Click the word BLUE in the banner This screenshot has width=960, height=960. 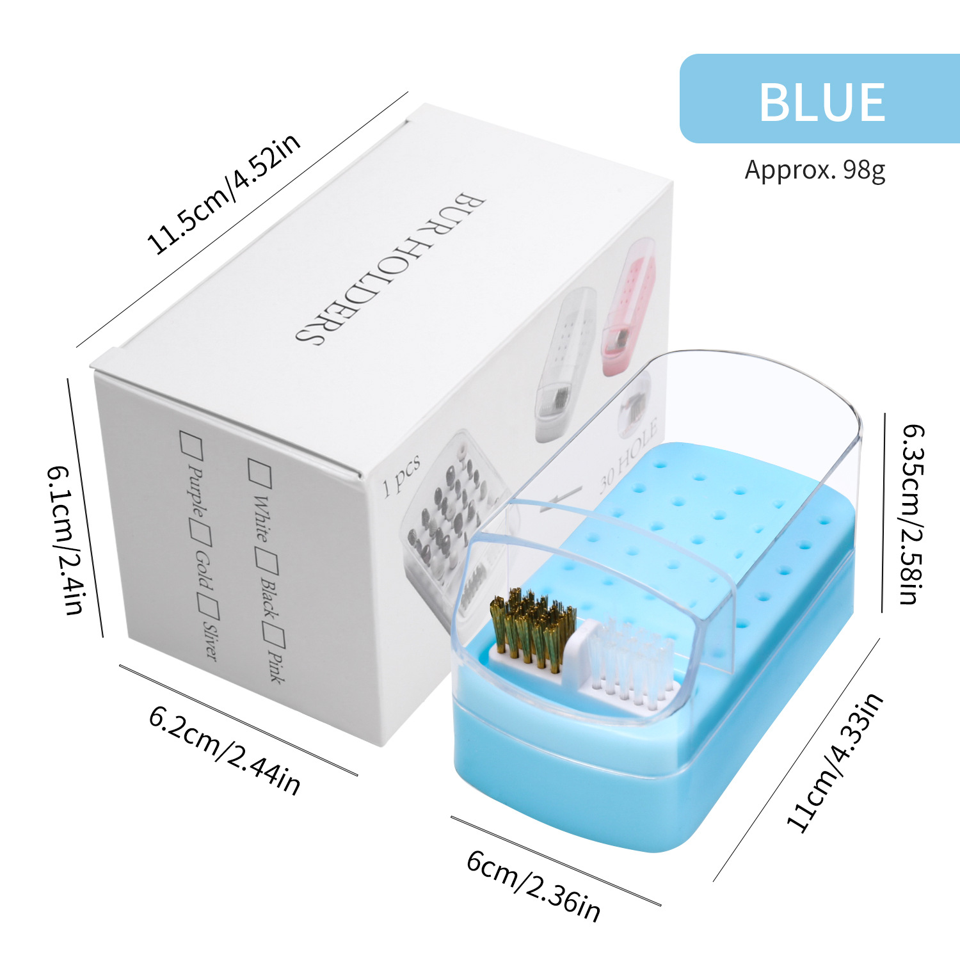point(822,102)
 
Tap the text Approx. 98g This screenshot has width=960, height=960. point(815,170)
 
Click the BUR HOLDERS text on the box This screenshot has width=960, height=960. point(390,268)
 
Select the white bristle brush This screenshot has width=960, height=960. point(630,659)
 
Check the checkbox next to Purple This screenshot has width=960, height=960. point(191,444)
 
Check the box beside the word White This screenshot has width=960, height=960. point(260,473)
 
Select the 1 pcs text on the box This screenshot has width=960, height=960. point(401,476)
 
